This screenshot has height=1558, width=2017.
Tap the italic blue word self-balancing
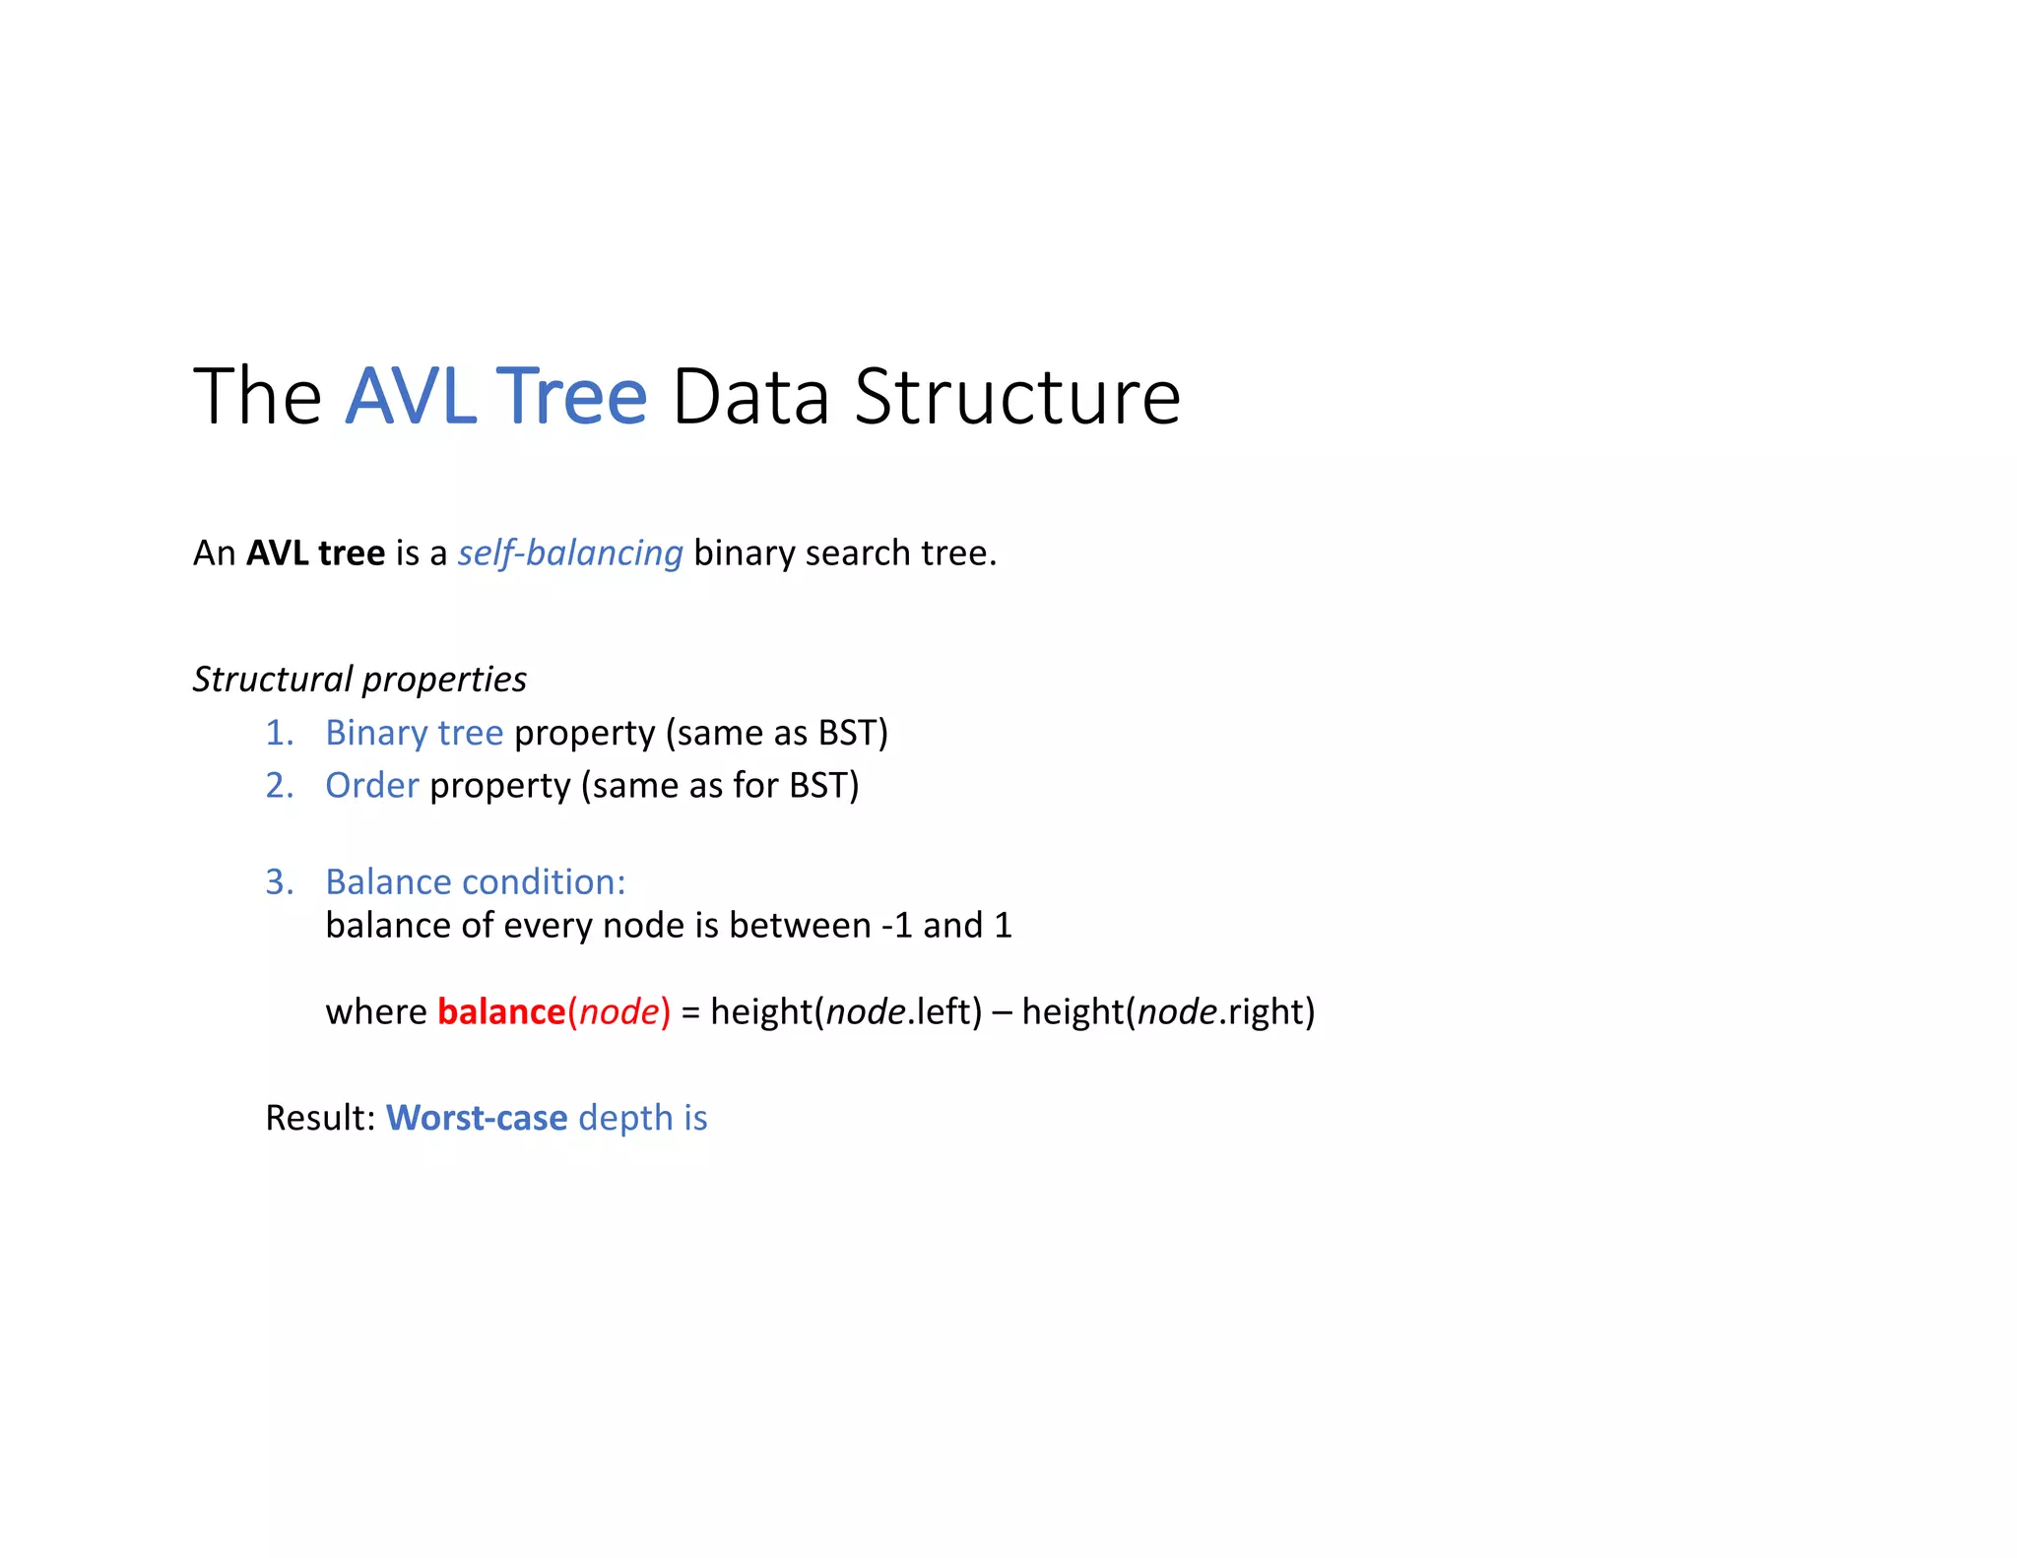point(569,553)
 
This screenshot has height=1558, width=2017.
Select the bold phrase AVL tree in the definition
point(315,553)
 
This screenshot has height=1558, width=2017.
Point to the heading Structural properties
point(359,680)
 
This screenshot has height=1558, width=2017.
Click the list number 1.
point(279,734)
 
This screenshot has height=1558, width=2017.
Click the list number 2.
point(279,786)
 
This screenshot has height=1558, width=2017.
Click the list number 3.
point(279,882)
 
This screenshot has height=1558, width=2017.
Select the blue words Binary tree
point(414,734)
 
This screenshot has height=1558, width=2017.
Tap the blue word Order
point(371,786)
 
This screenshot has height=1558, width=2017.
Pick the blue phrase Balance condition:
point(476,882)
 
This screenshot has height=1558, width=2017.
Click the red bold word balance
point(500,1012)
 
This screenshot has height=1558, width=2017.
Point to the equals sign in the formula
point(690,1012)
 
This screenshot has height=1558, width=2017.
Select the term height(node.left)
point(846,1012)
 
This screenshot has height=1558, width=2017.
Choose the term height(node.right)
point(1168,1012)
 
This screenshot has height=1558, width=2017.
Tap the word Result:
point(320,1119)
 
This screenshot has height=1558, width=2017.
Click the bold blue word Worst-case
point(477,1119)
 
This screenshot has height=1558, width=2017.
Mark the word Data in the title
point(750,396)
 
